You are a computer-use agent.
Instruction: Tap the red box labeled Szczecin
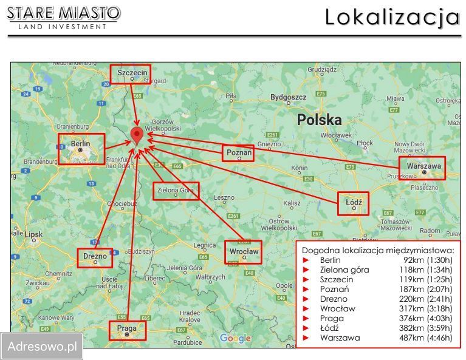pos(130,73)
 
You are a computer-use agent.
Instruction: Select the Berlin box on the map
pos(81,149)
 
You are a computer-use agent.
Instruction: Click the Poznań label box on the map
pos(238,153)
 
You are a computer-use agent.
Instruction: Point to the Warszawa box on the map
pos(422,168)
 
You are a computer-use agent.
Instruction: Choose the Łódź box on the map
pos(354,203)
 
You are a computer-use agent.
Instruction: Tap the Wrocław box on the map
pos(243,251)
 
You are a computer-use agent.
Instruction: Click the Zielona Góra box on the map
pos(176,191)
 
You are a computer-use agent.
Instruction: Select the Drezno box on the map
pos(95,257)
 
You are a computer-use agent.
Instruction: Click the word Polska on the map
pos(319,120)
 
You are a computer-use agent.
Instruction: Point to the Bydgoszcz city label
pos(288,97)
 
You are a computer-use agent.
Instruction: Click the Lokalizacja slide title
pos(392,17)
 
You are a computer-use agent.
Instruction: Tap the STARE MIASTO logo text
pos(64,12)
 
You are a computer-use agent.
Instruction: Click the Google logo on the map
pos(235,338)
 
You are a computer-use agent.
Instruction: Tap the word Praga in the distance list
pos(332,318)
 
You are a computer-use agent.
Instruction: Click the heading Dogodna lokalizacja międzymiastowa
pos(378,250)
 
